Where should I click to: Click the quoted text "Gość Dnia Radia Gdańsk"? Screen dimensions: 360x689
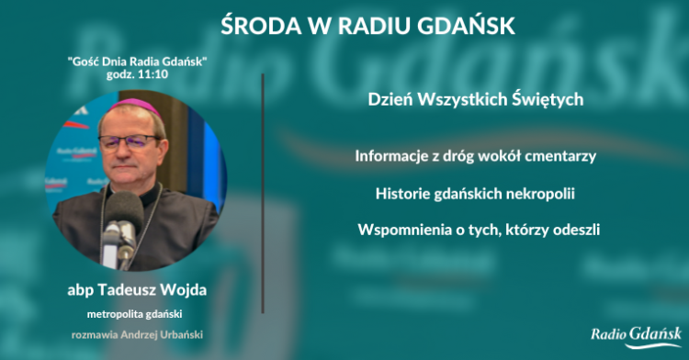coord(137,61)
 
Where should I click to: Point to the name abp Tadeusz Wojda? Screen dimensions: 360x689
coord(137,289)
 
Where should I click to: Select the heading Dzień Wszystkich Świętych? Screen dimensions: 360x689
coord(476,99)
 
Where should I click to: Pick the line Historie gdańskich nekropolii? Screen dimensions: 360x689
coord(476,194)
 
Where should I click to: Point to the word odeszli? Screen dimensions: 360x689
coord(576,230)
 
